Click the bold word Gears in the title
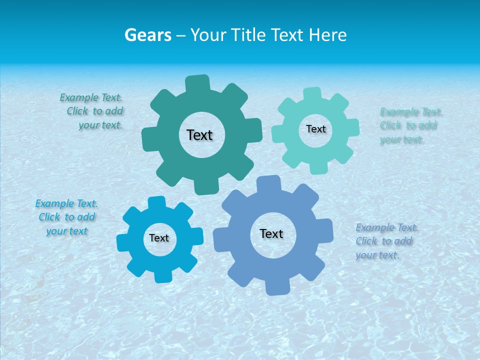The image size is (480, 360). click(x=148, y=35)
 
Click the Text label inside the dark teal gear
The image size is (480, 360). click(x=199, y=135)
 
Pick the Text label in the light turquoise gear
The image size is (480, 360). click(x=315, y=129)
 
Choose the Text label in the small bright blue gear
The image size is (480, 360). click(x=159, y=238)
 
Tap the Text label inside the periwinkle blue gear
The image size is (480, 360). click(x=271, y=234)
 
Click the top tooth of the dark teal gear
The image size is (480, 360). click(x=198, y=83)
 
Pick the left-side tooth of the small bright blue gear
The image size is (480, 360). click(x=123, y=242)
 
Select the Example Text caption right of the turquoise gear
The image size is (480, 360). click(x=410, y=125)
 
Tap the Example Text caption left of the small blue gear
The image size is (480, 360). click(x=66, y=217)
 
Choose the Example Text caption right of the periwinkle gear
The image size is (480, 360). click(x=386, y=241)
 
